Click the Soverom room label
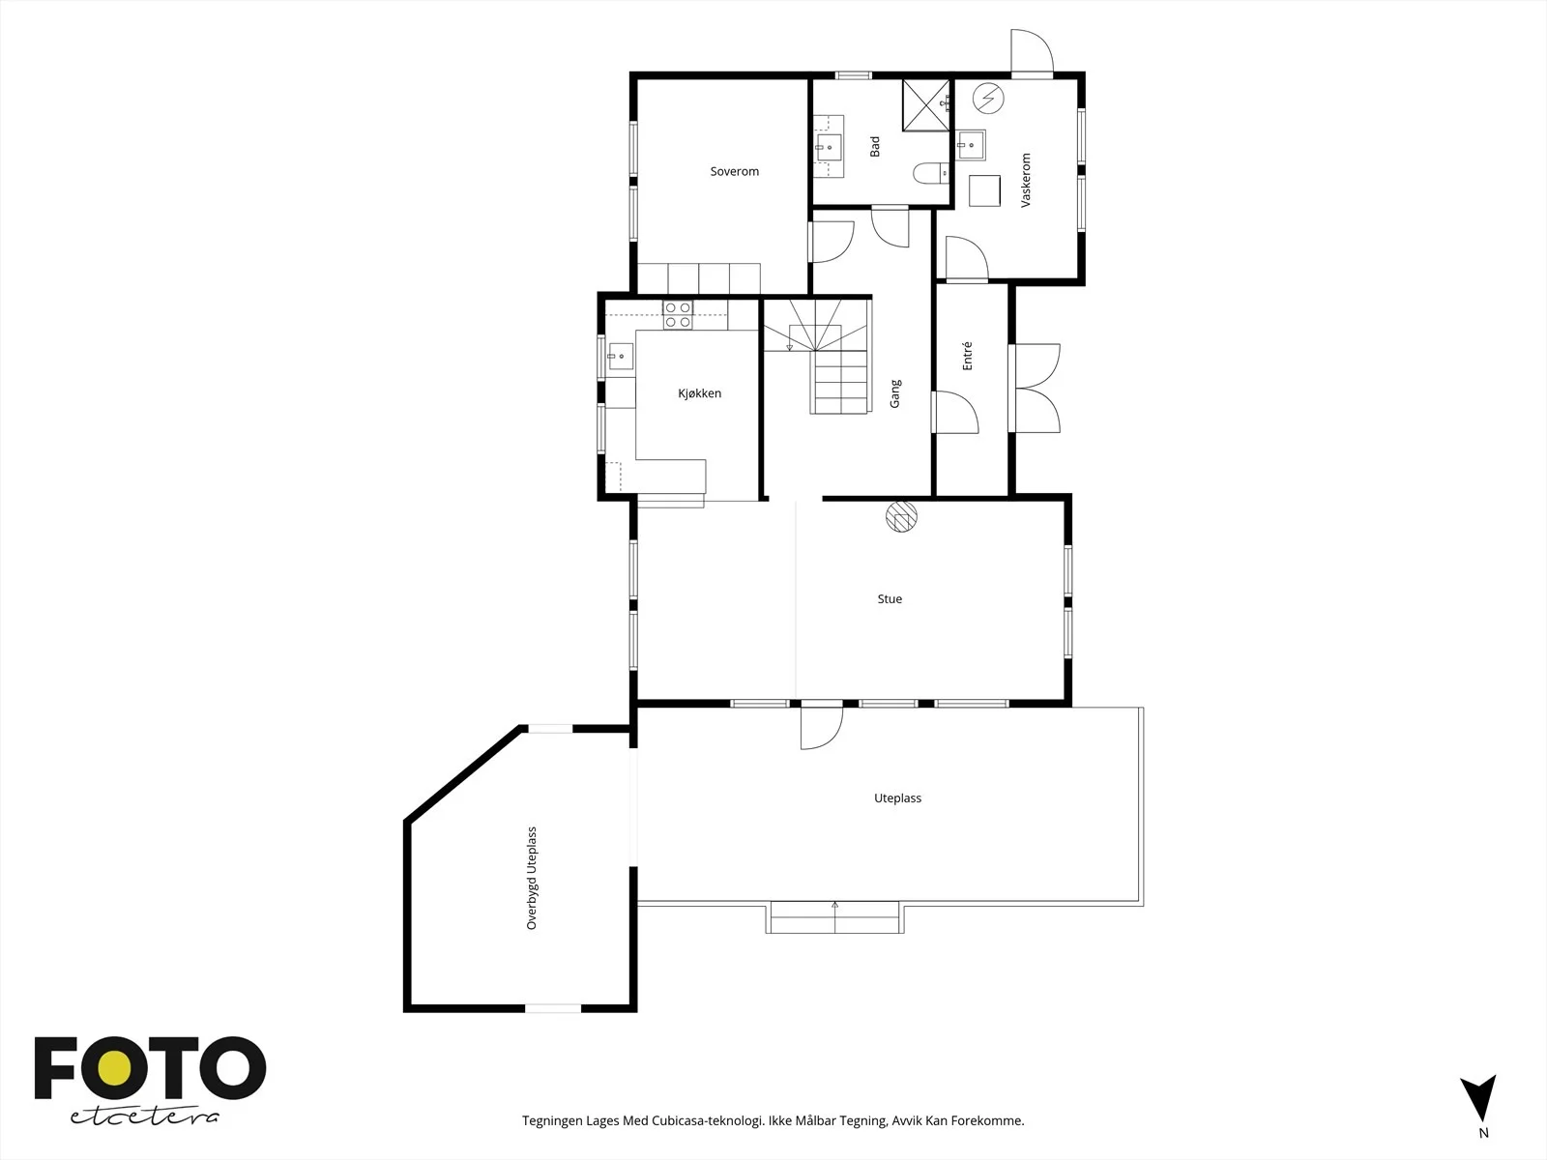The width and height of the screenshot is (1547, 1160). [735, 171]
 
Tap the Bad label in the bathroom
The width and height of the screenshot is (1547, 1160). [875, 147]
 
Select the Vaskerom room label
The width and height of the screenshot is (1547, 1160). [1026, 181]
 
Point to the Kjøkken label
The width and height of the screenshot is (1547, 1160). [699, 393]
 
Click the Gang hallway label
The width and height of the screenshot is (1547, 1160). [895, 393]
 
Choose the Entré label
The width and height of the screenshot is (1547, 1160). [967, 356]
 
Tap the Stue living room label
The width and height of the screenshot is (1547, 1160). [890, 598]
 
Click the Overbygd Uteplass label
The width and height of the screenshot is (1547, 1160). [532, 878]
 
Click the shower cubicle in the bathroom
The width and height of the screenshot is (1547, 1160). [926, 105]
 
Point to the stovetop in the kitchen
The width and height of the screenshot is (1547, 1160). [678, 315]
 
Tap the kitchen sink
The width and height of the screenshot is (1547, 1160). [620, 357]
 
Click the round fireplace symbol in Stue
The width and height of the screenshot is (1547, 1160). [901, 516]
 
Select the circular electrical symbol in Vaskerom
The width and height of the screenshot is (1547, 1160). [988, 99]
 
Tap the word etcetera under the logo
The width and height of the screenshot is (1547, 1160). [144, 1117]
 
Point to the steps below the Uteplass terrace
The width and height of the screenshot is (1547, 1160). [834, 918]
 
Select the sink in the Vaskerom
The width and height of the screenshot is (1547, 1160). [971, 145]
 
